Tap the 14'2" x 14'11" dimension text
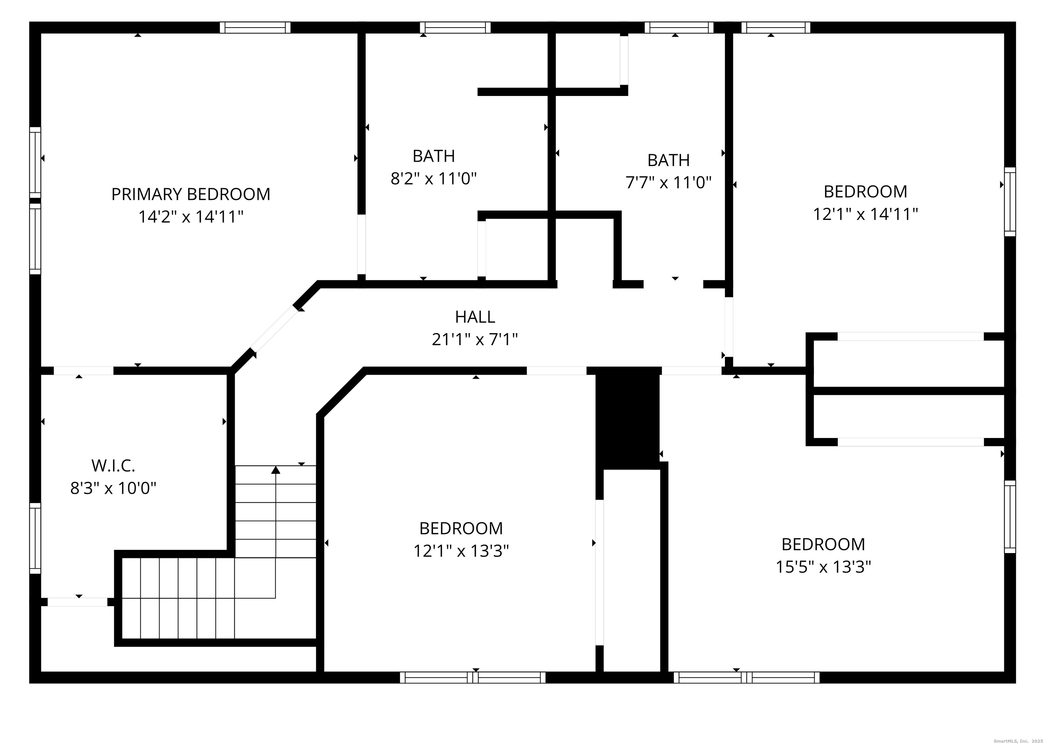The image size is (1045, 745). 191,216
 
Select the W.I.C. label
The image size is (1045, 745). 113,466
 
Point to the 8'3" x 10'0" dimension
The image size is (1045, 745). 113,488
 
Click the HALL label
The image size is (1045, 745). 475,317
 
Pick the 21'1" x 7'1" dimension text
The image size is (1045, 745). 475,339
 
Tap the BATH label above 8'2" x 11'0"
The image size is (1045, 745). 434,157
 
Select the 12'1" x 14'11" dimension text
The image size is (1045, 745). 866,214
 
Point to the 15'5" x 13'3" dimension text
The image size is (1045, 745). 824,567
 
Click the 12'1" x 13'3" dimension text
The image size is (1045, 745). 461,550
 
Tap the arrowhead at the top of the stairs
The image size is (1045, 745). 276,469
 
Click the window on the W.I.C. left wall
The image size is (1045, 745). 35,538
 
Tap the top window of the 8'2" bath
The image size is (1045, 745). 455,28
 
